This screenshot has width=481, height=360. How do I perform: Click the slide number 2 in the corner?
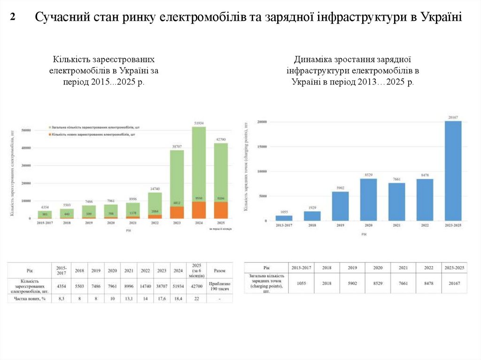pyautogui.click(x=13, y=18)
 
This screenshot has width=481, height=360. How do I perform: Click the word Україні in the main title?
pyautogui.click(x=442, y=18)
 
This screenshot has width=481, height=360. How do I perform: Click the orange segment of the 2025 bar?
pyautogui.click(x=221, y=210)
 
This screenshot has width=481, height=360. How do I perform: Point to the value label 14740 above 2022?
pyautogui.click(x=155, y=189)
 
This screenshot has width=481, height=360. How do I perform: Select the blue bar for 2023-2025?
pyautogui.click(x=453, y=171)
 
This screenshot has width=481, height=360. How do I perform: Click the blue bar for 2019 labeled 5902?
pyautogui.click(x=341, y=206)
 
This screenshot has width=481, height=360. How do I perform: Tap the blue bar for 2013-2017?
pyautogui.click(x=284, y=218)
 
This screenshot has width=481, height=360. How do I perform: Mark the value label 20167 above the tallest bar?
pyautogui.click(x=453, y=117)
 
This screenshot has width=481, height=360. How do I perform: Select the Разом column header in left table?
pyautogui.click(x=219, y=270)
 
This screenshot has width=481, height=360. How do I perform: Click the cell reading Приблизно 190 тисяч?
pyautogui.click(x=219, y=285)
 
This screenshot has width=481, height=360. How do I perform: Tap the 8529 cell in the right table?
pyautogui.click(x=378, y=283)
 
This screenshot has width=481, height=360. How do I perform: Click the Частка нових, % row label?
pyautogui.click(x=30, y=298)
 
